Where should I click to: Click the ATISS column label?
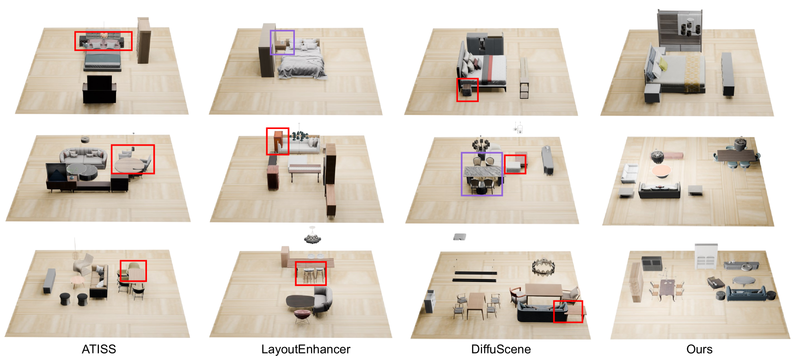tap(99, 349)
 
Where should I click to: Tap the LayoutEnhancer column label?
tap(305, 349)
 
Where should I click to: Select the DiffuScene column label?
tap(501, 349)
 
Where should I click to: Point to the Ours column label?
tap(699, 349)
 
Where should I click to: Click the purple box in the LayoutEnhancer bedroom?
tap(271, 43)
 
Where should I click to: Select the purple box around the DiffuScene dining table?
tap(462, 174)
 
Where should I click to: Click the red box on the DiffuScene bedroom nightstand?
tap(458, 90)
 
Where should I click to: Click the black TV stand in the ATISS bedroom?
tap(99, 91)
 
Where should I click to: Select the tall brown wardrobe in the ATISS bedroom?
tap(143, 41)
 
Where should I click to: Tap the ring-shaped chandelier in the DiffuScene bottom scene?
tap(543, 267)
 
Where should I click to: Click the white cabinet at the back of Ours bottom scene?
tap(706, 256)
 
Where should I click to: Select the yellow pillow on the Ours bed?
tap(664, 64)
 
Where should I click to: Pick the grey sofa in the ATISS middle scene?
tap(83, 157)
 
